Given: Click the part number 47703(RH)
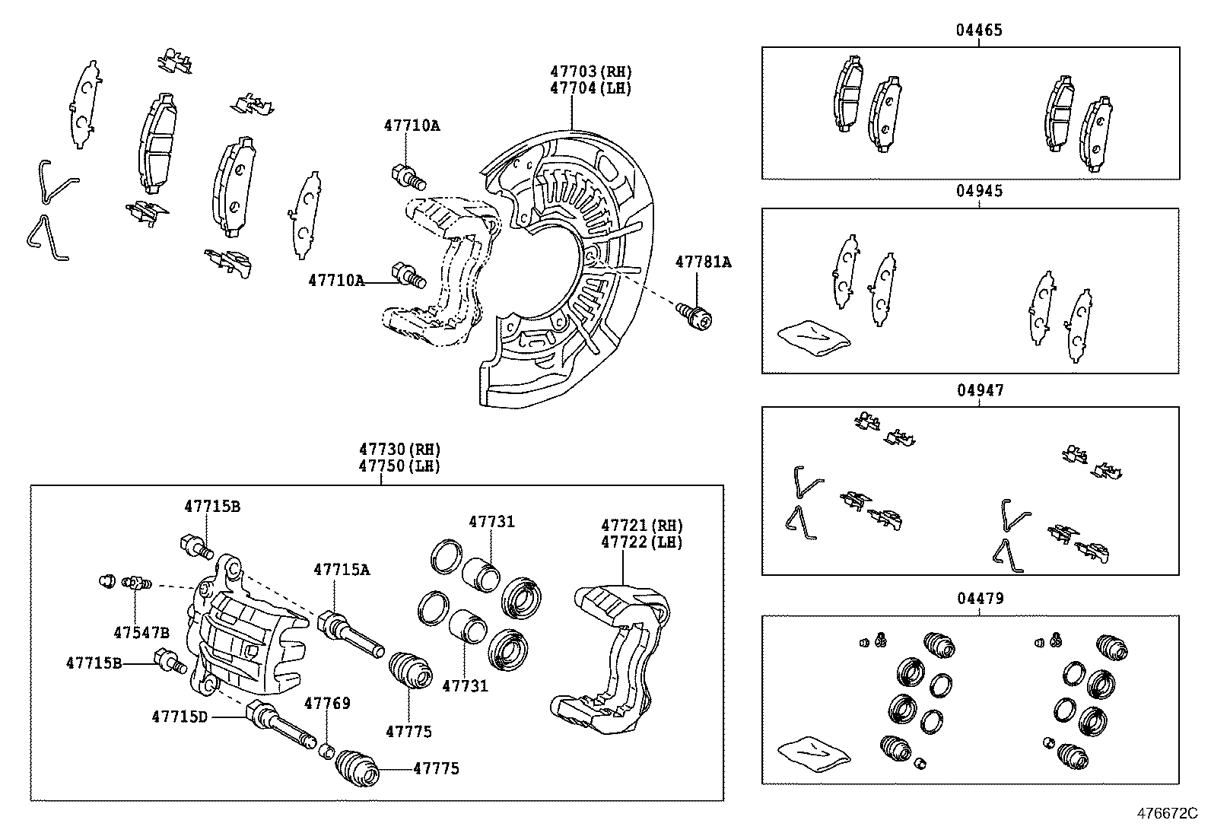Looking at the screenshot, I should click(591, 72).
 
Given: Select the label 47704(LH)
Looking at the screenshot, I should click(591, 87).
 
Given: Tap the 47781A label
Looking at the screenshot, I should click(703, 262).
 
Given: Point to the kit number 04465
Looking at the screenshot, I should click(979, 30).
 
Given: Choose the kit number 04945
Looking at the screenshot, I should click(979, 191).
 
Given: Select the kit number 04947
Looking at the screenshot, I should click(980, 391).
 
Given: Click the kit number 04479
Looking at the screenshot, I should click(980, 599).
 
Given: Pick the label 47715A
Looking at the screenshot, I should click(342, 569).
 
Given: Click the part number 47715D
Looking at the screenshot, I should click(180, 716).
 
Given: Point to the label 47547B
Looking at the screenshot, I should click(141, 632).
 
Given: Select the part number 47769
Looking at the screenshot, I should click(327, 703).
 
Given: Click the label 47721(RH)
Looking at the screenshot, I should click(642, 526).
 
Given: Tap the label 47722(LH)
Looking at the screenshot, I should click(642, 542).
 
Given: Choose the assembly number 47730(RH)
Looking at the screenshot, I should click(400, 450).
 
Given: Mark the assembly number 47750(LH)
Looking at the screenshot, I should click(400, 466).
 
